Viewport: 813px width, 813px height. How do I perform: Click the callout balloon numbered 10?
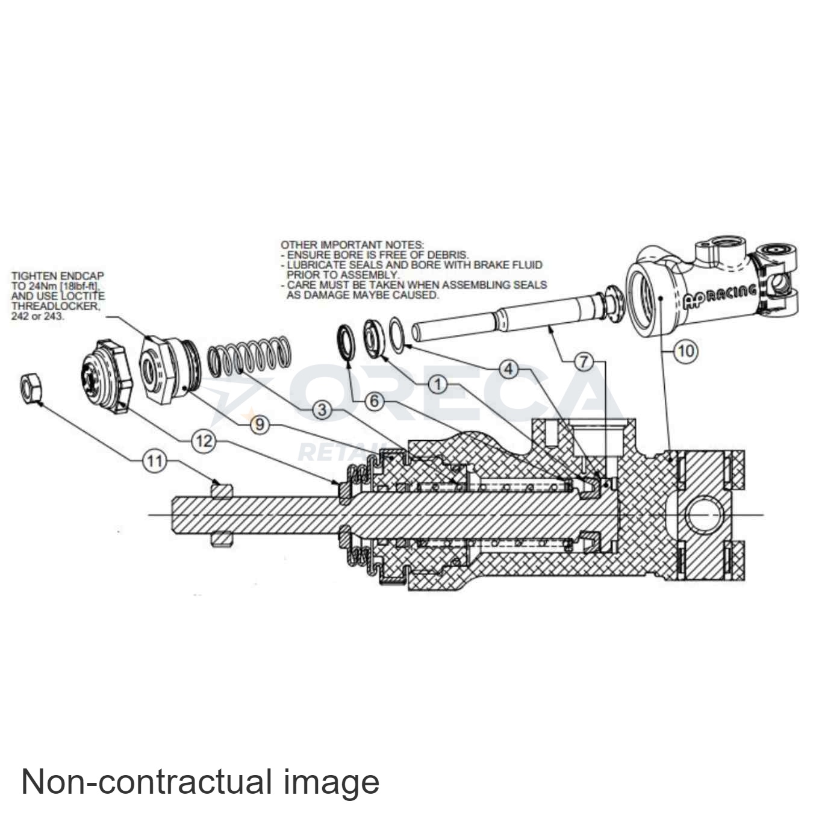686,350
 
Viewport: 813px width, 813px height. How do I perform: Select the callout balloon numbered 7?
583,362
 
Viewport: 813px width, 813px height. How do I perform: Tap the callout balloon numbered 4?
509,368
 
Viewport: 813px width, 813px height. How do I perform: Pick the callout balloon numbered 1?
438,384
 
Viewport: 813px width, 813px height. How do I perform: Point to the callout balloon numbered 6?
374,400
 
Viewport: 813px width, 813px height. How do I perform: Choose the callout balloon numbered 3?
322,410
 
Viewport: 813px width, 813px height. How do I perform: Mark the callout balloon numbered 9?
260,424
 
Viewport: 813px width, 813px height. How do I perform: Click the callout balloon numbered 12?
204,441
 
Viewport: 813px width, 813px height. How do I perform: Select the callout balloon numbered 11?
155,461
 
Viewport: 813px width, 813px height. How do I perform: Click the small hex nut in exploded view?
30,388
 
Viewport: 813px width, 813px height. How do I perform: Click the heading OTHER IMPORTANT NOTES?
352,245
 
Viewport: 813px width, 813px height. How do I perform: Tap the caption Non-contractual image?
200,782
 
